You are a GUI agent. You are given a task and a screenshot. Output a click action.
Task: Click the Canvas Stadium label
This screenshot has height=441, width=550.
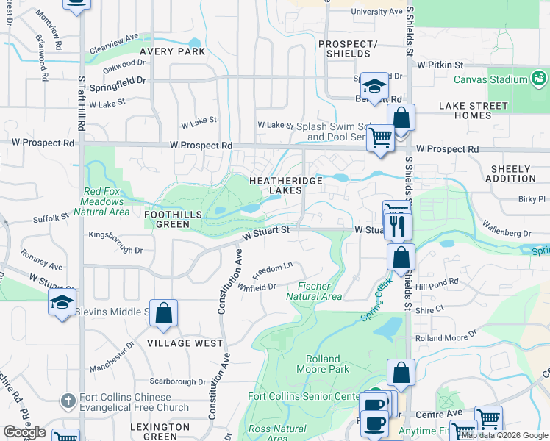click(488, 79)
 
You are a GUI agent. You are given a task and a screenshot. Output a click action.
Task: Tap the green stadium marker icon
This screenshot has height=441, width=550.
click(539, 78)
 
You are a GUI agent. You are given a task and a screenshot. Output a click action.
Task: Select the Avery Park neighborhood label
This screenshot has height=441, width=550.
click(171, 51)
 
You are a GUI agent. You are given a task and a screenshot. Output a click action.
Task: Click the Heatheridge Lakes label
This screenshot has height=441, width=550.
click(276, 184)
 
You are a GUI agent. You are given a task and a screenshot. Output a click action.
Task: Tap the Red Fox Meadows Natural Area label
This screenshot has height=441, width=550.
click(107, 201)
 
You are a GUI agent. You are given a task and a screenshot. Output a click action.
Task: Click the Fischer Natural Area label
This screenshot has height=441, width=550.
click(314, 291)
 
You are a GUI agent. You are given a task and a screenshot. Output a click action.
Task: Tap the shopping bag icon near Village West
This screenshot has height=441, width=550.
click(164, 313)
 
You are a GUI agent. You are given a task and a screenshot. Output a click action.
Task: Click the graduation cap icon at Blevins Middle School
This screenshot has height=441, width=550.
click(63, 302)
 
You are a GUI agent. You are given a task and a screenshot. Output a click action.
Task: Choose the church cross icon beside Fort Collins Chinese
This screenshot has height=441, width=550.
click(68, 401)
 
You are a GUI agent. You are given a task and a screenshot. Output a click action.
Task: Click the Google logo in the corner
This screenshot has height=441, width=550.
click(24, 432)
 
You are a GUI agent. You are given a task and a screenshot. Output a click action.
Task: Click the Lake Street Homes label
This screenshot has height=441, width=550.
click(475, 110)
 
